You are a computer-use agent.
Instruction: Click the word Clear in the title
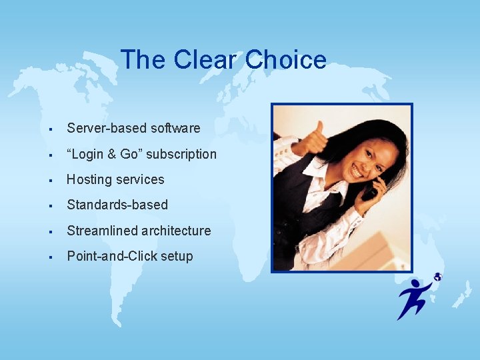pos(205,60)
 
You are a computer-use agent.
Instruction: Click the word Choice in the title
pos(286,60)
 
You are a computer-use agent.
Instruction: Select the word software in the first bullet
pos(175,128)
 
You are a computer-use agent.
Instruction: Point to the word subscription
pos(181,154)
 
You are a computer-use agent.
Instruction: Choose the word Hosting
pos(89,179)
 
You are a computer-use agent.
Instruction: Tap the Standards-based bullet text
pos(117,205)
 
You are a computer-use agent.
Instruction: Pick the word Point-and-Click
pos(111,256)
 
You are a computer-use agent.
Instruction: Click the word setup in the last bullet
pos(177,256)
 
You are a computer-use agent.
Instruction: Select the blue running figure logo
pos(415,298)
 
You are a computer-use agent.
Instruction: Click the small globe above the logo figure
pos(437,277)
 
